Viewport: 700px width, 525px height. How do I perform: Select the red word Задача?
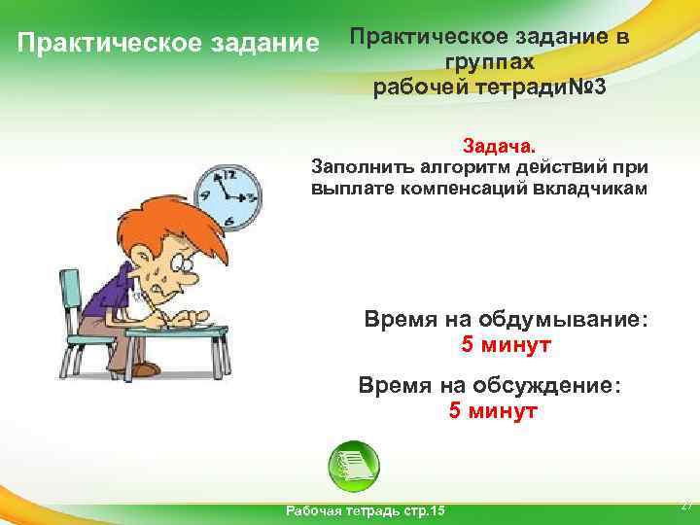click(498, 146)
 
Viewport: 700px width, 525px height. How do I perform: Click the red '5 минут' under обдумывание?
click(506, 345)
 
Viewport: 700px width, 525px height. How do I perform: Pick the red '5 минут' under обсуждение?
click(493, 410)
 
